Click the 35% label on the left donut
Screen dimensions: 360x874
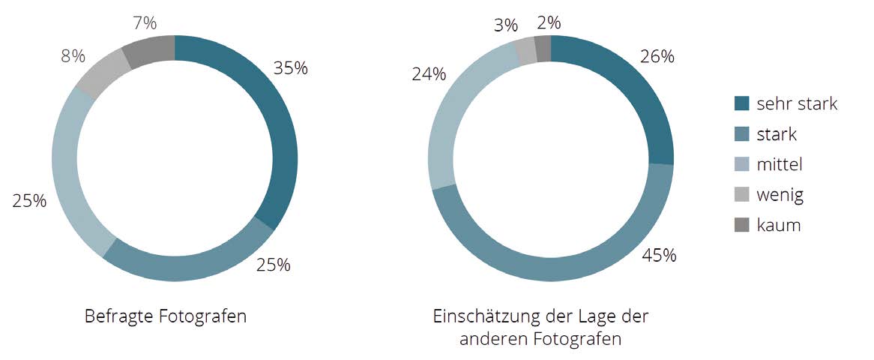click(x=291, y=67)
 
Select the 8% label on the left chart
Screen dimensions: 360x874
click(x=73, y=56)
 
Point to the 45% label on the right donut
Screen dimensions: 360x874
click(x=659, y=255)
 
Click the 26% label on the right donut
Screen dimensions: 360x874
click(x=657, y=56)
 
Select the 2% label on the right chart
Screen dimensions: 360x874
click(x=549, y=22)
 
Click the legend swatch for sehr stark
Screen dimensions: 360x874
click(x=741, y=103)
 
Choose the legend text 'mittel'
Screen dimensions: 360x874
click(x=779, y=164)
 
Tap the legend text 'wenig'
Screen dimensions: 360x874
click(x=780, y=195)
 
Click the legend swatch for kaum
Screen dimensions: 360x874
click(x=741, y=225)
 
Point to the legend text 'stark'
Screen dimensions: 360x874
click(x=777, y=134)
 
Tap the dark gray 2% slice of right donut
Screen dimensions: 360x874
click(x=543, y=49)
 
